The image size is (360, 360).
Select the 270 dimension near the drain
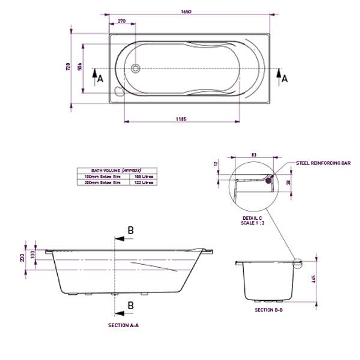click(x=122, y=21)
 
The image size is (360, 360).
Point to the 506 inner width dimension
click(x=80, y=67)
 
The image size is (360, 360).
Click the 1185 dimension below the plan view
click(x=181, y=118)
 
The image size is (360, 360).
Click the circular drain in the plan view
click(x=135, y=69)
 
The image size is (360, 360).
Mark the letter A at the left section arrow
click(x=100, y=79)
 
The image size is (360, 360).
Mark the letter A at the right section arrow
click(x=284, y=79)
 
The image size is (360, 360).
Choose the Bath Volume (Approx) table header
click(x=117, y=170)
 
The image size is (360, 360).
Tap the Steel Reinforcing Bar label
click(x=323, y=163)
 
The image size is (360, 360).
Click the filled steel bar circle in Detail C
click(x=268, y=180)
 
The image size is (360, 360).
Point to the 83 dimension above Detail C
click(x=254, y=155)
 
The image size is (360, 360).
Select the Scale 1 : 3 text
click(x=253, y=223)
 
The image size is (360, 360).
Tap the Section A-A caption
click(x=123, y=325)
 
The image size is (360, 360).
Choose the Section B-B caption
click(x=269, y=310)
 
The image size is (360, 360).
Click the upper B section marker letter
click(x=131, y=230)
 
